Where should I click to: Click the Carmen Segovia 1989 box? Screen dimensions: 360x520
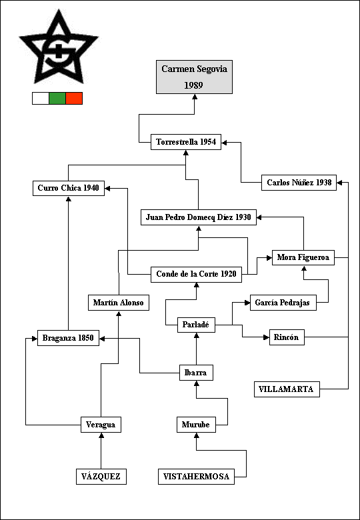(194, 77)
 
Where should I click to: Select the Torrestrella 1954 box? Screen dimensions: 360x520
(186, 142)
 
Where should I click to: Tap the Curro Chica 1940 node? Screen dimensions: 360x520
(69, 188)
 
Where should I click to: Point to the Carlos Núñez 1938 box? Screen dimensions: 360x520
(299, 183)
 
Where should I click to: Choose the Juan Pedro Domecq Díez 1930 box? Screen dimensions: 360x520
(199, 217)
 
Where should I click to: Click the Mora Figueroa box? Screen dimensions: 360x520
(303, 257)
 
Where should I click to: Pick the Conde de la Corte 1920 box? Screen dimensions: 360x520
(196, 275)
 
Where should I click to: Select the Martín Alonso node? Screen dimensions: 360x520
(119, 303)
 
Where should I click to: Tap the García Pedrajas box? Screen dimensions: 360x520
(283, 303)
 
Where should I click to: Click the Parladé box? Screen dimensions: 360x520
(196, 325)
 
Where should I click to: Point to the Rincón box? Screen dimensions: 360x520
(287, 337)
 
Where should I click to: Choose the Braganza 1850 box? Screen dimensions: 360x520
(68, 338)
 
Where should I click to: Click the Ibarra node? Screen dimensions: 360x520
(196, 373)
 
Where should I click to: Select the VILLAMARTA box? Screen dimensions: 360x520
(287, 389)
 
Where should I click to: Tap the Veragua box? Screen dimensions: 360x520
(101, 425)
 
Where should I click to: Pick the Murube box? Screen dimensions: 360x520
(196, 425)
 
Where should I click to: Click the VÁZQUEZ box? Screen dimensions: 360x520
(101, 477)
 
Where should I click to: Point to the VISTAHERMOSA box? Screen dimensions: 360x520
(196, 477)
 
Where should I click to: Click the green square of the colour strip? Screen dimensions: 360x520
(57, 99)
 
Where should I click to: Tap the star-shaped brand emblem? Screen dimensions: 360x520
(59, 47)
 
